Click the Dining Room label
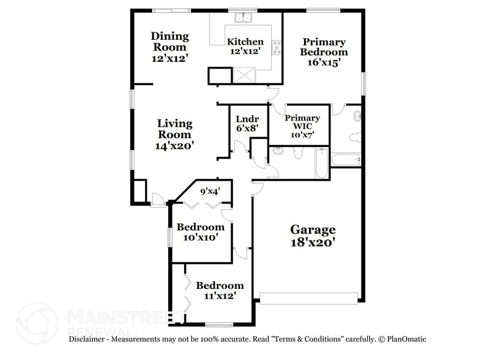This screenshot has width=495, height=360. pyautogui.click(x=170, y=42)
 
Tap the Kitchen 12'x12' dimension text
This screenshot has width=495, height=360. pyautogui.click(x=245, y=52)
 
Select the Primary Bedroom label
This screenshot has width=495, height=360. pyautogui.click(x=324, y=47)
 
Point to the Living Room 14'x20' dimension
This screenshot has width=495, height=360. pyautogui.click(x=174, y=146)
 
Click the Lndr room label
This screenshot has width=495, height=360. pyautogui.click(x=243, y=119)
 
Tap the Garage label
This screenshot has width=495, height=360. pyautogui.click(x=313, y=230)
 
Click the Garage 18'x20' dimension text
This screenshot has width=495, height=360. pyautogui.click(x=313, y=242)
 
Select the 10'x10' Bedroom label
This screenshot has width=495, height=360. pyautogui.click(x=201, y=227)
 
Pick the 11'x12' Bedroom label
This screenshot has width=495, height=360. pyautogui.click(x=219, y=285)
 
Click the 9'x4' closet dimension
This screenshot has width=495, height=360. pyautogui.click(x=210, y=191)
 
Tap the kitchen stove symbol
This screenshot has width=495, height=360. pyautogui.click(x=277, y=48)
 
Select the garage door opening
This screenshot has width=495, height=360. pyautogui.click(x=308, y=298)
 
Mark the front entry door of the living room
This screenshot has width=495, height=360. pyautogui.click(x=158, y=200)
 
